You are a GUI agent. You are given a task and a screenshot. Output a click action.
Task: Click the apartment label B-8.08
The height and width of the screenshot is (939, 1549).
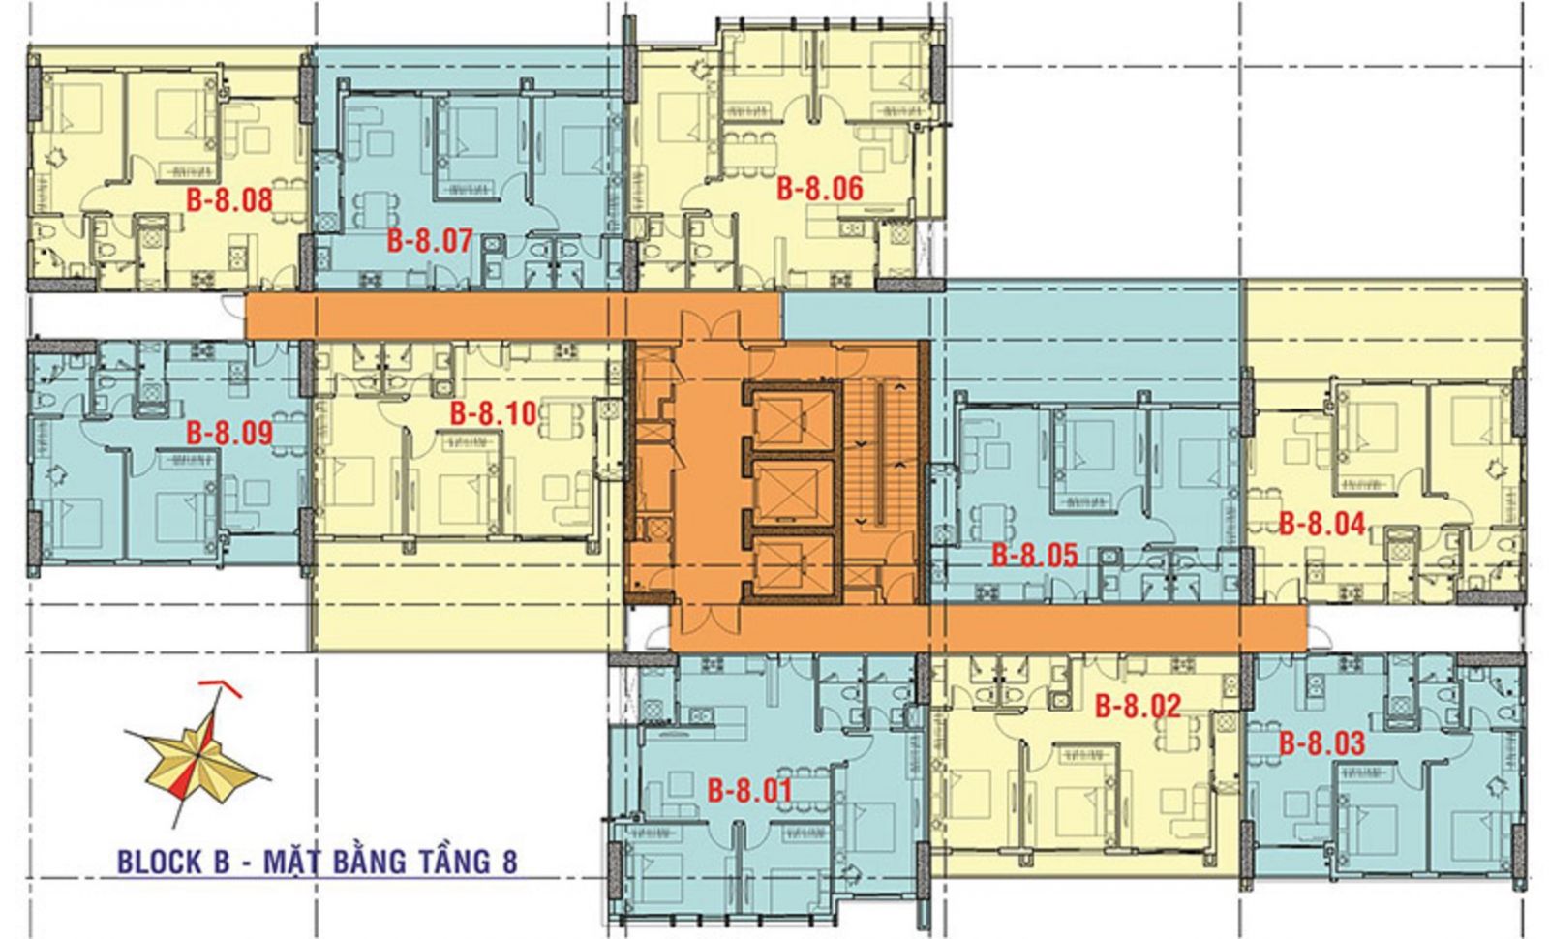click(228, 200)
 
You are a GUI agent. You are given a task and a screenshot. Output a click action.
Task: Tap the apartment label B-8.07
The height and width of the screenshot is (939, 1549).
click(430, 241)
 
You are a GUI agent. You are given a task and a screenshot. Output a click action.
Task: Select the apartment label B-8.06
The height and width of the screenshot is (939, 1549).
click(819, 189)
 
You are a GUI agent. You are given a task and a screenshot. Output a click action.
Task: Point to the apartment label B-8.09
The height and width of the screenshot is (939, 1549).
click(228, 433)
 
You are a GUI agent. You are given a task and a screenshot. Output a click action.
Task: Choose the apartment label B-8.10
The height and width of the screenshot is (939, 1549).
click(493, 413)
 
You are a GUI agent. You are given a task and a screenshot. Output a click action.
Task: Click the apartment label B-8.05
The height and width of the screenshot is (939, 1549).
click(1035, 556)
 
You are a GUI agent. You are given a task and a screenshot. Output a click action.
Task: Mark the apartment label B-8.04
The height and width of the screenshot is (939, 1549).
click(1322, 524)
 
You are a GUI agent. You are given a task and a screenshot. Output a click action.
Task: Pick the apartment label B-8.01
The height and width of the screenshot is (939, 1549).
click(749, 791)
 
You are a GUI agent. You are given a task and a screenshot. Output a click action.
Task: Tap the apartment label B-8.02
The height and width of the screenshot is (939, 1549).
click(1139, 706)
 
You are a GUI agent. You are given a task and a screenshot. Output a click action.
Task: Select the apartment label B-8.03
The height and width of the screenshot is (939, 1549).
click(1321, 743)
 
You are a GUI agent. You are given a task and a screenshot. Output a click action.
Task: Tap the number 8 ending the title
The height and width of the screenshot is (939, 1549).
click(509, 863)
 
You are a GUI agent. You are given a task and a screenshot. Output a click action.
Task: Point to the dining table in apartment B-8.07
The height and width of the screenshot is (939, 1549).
click(374, 209)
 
